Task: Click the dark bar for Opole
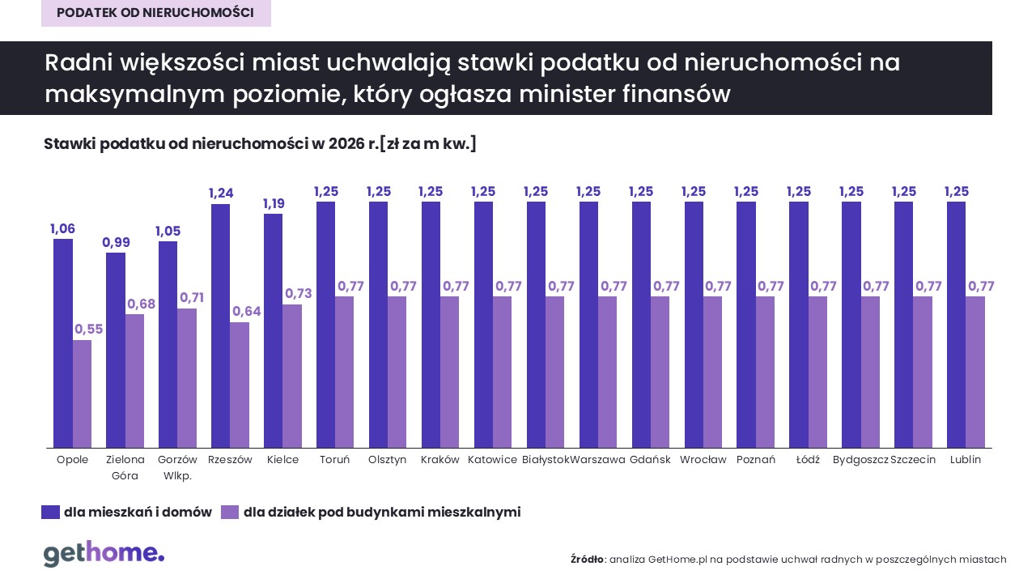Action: (63, 343)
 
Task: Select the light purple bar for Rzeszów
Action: (240, 385)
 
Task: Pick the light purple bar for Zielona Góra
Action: (135, 381)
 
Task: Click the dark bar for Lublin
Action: (956, 325)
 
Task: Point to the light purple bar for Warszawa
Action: (608, 372)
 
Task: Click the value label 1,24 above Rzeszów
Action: (220, 194)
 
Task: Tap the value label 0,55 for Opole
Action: (88, 330)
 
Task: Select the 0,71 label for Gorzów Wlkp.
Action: (192, 298)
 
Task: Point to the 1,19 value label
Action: (273, 203)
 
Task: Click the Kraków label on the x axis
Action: (439, 460)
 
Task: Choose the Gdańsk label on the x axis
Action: (650, 460)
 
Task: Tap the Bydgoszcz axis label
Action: (860, 460)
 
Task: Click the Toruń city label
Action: (334, 460)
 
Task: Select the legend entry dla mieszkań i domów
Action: (138, 512)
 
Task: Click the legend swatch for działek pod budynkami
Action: (230, 512)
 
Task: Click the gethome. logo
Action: (104, 554)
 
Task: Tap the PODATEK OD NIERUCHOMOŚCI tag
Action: (155, 13)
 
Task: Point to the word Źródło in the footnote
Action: (587, 560)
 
